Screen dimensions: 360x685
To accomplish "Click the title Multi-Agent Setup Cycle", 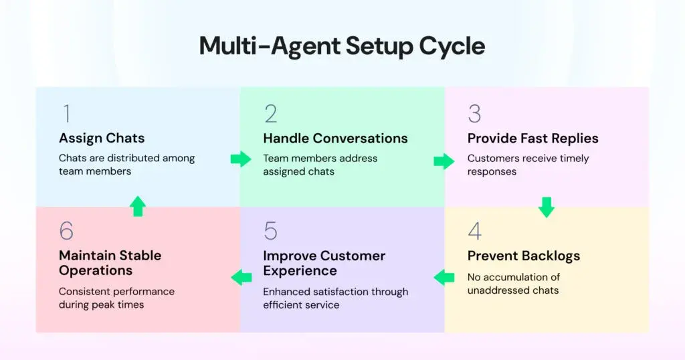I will pos(342,46).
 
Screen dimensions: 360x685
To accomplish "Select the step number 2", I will pos(270,114).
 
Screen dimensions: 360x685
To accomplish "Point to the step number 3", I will pos(474,114).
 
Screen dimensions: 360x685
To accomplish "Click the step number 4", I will pos(474,231).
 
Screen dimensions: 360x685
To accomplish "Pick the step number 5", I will pos(270,231).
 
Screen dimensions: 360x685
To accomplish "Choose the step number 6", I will pos(66,231).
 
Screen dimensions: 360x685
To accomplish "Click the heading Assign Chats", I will pos(102,139).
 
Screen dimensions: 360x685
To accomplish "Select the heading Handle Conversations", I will pos(335,139).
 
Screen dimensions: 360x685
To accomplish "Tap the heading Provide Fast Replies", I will pos(532,139).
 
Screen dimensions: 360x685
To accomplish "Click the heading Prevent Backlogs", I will pos(523,256).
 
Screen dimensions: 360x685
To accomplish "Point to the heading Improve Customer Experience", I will pos(324,263).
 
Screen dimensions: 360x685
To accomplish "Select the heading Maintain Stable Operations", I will pos(110,263).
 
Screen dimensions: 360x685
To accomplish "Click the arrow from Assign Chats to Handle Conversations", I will pos(240,159).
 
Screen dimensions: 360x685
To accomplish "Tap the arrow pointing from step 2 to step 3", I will pos(444,161).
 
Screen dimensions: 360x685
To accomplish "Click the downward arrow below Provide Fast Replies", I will pos(547,207).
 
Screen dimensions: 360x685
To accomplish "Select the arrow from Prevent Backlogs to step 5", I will pos(444,276).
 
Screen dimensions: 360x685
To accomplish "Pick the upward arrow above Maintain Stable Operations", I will pos(138,206).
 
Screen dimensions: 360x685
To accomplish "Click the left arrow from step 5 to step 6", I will pos(241,276).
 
